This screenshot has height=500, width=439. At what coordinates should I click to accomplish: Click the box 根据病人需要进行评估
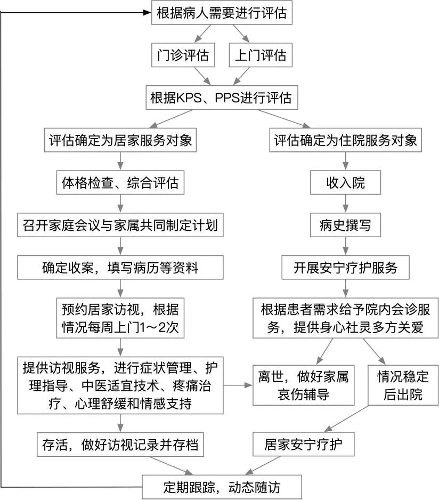pos(222,13)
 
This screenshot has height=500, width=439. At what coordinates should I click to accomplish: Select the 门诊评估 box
pos(183,55)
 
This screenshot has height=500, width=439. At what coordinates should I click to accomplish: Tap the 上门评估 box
pos(261,55)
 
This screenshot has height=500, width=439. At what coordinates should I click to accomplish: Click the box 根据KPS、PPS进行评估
pos(221,98)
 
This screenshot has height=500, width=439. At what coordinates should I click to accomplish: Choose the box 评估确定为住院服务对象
pos(345,141)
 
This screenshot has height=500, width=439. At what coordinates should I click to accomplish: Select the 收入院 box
pos(346,183)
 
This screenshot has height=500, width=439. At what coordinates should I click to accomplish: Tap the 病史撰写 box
pos(346,226)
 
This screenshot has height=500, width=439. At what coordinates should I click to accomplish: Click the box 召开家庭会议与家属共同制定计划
pos(120,226)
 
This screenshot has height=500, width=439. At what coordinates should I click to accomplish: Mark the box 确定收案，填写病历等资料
pos(120,268)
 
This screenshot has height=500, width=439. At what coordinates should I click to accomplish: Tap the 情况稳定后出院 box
pos(403,385)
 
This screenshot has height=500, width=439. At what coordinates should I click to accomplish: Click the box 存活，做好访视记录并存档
pos(120,444)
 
